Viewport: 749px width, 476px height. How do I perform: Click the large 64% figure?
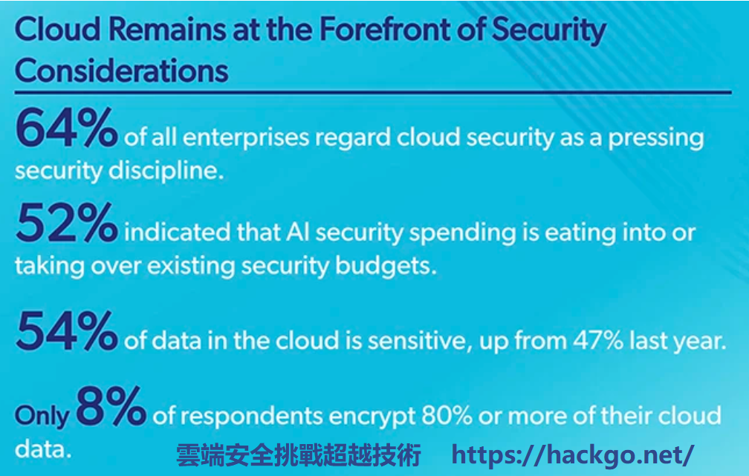[66, 128]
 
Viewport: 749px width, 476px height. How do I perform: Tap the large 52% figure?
[66, 223]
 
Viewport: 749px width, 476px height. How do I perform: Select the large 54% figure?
[66, 331]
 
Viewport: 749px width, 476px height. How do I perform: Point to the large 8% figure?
[111, 406]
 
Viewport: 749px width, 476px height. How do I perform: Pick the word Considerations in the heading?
[122, 71]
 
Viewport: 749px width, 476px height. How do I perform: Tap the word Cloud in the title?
[58, 29]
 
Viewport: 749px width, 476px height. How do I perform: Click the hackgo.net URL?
[573, 454]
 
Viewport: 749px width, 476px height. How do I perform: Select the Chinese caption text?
[299, 454]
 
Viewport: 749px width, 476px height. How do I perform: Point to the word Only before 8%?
[42, 416]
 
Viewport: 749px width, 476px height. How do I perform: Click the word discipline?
[166, 171]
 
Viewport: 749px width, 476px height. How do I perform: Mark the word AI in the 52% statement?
[298, 232]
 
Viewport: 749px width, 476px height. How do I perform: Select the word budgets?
[386, 266]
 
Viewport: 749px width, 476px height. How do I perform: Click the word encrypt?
[372, 417]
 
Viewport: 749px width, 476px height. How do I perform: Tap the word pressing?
[656, 138]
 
